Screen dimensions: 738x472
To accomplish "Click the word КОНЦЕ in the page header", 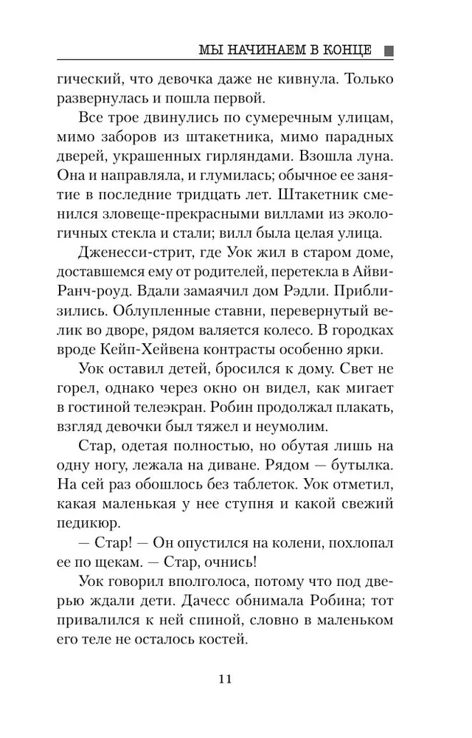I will (347, 50).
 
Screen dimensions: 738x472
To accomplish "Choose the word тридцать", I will (237, 198).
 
